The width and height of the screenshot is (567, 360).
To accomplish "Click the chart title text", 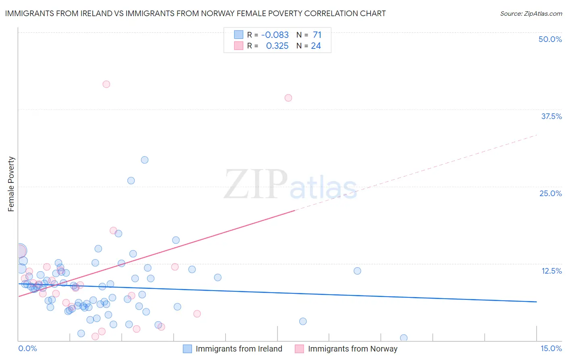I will click(195, 13).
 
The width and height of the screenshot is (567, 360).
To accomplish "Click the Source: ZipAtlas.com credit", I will click(531, 13).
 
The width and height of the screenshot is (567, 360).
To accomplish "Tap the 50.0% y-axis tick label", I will click(550, 39).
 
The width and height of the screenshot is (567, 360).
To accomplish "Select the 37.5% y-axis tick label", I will click(551, 116).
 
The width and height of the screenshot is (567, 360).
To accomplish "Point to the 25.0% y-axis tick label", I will click(550, 193).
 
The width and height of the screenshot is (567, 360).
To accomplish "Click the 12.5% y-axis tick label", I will click(551, 271).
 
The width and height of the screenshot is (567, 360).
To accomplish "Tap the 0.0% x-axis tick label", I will click(27, 348).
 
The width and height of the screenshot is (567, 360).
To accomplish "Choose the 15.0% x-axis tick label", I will click(551, 348).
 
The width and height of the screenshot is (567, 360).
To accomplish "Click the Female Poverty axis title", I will click(11, 184).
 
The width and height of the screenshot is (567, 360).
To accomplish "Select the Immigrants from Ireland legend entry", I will click(233, 349).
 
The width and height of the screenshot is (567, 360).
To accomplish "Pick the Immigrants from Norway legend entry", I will click(346, 349).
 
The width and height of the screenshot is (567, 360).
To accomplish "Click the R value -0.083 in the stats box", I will click(275, 35).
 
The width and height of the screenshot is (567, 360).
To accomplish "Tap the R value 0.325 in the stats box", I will click(277, 46).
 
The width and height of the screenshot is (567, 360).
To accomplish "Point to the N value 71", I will click(317, 35).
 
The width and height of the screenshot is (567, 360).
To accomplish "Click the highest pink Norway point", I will click(106, 84).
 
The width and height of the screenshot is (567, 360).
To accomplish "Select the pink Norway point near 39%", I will click(288, 98).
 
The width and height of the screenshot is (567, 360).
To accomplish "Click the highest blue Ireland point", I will click(144, 160).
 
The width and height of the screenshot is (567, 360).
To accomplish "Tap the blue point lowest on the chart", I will click(404, 338).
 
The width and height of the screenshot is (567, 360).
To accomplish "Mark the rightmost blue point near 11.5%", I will click(357, 271).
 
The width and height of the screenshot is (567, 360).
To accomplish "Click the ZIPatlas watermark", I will click(290, 185).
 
